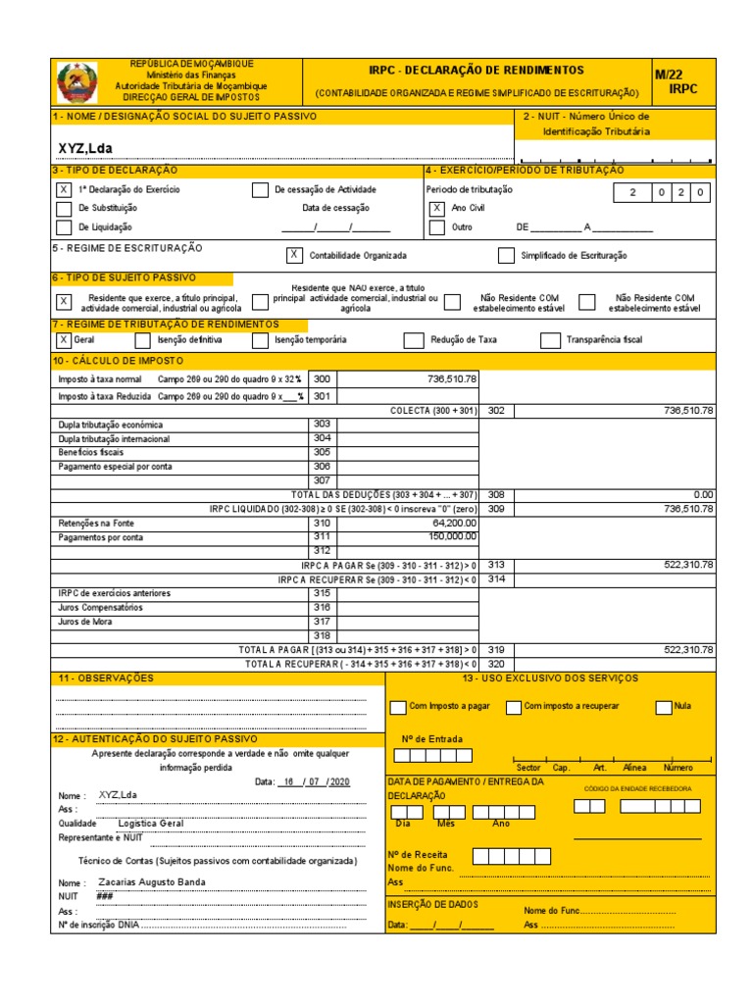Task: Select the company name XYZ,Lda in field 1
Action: (x=86, y=148)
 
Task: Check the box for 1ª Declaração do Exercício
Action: (x=64, y=189)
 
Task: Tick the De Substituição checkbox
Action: (x=64, y=208)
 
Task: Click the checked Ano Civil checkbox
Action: (x=437, y=208)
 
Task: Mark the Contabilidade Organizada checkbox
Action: (x=293, y=255)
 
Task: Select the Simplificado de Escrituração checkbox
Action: (x=505, y=256)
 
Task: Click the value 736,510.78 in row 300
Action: (x=452, y=378)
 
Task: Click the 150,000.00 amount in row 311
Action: (x=450, y=536)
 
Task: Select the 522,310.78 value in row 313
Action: (x=688, y=565)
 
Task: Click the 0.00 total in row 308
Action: (x=703, y=495)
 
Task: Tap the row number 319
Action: (x=496, y=649)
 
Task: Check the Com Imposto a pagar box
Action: (x=397, y=707)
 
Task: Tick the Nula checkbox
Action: (x=664, y=707)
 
